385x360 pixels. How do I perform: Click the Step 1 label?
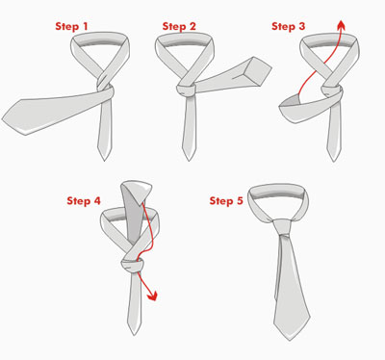71,26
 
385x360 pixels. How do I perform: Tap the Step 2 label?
179,26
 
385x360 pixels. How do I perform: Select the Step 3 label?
288,26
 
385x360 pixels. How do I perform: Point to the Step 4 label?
84,201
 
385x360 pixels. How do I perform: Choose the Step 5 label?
226,201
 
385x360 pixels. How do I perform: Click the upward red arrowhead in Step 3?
342,24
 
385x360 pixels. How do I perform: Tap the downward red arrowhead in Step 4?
152,296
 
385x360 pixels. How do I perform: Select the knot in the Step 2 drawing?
186,90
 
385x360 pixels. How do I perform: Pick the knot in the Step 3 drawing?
331,90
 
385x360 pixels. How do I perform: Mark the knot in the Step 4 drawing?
132,265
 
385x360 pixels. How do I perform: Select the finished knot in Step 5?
282,227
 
